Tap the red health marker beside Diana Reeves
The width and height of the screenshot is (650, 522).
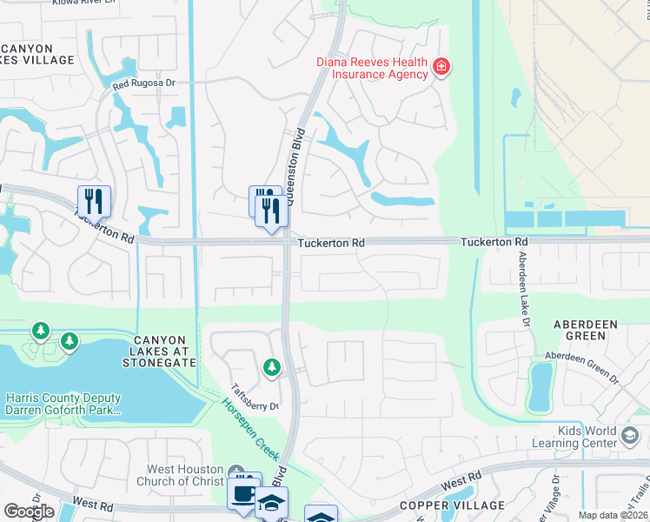point(441,67)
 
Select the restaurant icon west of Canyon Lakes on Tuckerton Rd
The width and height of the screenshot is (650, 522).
point(94,201)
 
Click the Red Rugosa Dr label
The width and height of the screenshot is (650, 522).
point(144,85)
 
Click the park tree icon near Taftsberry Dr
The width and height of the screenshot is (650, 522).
point(272,368)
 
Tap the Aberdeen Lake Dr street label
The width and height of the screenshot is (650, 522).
point(523,288)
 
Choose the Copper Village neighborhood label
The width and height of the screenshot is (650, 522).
point(452,505)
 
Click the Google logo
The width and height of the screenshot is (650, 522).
point(29,512)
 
